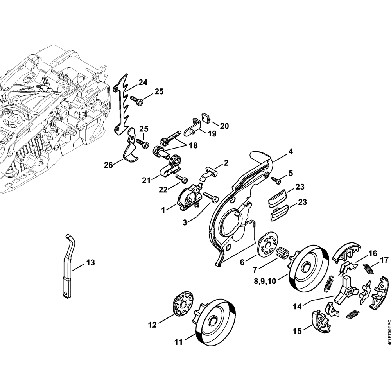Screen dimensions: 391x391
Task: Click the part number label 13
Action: [91, 263]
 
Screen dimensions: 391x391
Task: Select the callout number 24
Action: [143, 83]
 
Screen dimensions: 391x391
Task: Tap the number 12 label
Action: [152, 324]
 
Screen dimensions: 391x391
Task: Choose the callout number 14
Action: [297, 307]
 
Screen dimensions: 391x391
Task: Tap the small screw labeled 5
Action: [277, 181]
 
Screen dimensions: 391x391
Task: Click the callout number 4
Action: [292, 151]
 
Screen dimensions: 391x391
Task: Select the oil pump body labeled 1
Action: [189, 198]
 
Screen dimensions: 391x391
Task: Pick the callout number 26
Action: [108, 165]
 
